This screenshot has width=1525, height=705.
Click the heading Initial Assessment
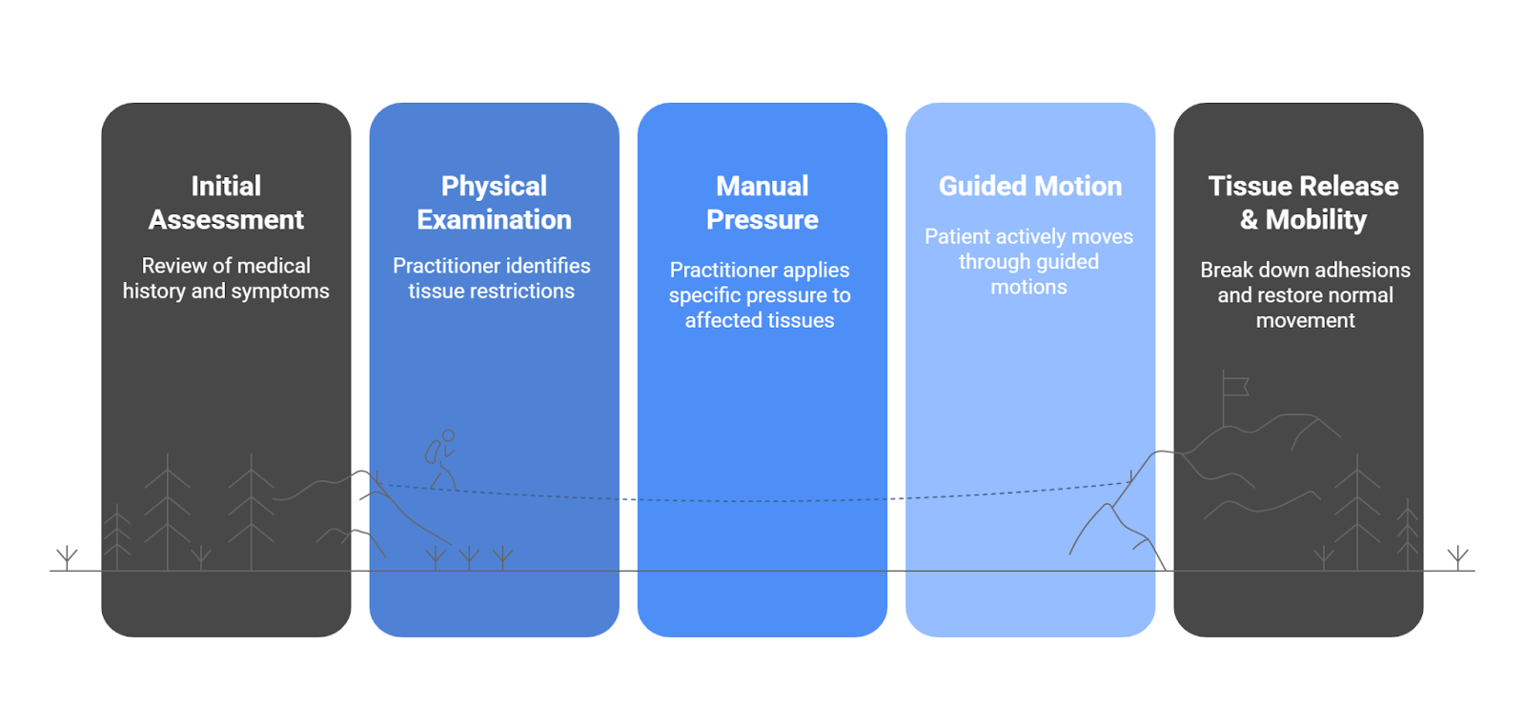coord(226,202)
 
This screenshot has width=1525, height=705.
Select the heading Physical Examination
coord(494,202)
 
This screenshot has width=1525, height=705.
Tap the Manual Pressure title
coord(762,202)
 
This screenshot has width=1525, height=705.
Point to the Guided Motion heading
coord(1029,186)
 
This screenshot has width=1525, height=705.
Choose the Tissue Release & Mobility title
coord(1303,202)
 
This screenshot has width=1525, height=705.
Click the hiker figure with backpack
coord(441,459)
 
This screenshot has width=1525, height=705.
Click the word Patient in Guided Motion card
coord(957,236)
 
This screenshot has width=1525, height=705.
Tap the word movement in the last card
coord(1305,321)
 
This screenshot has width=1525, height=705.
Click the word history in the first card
coord(154,292)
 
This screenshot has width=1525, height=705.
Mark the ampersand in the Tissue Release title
coord(1249,220)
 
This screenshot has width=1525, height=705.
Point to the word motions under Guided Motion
coord(1028,287)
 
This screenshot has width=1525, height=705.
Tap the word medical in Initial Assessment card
coord(274,266)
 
